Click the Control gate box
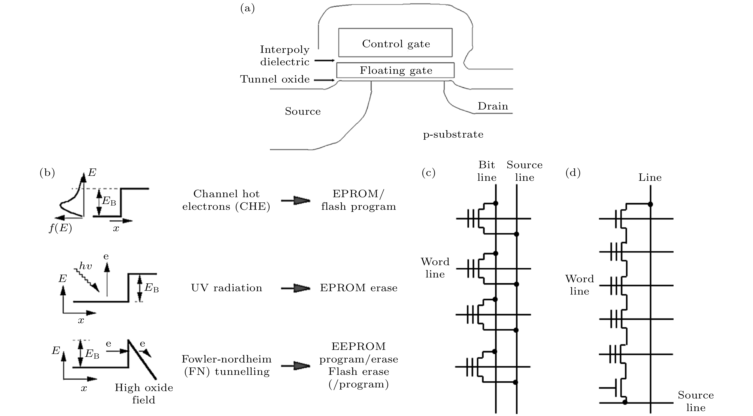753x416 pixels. (x=395, y=43)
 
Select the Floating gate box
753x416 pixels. (x=395, y=70)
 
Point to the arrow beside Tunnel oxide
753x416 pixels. (x=324, y=80)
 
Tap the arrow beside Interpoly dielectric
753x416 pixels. (x=324, y=60)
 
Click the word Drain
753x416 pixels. (x=493, y=106)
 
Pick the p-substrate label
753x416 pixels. (x=453, y=134)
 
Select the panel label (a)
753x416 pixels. (x=247, y=9)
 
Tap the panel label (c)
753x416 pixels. (x=428, y=173)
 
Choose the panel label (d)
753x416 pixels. (x=573, y=173)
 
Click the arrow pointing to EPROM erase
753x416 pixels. (x=295, y=288)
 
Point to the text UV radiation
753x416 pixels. (x=227, y=288)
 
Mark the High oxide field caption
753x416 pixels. (x=144, y=394)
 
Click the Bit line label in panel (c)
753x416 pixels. (x=487, y=171)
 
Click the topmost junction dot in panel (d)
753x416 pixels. (x=650, y=204)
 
